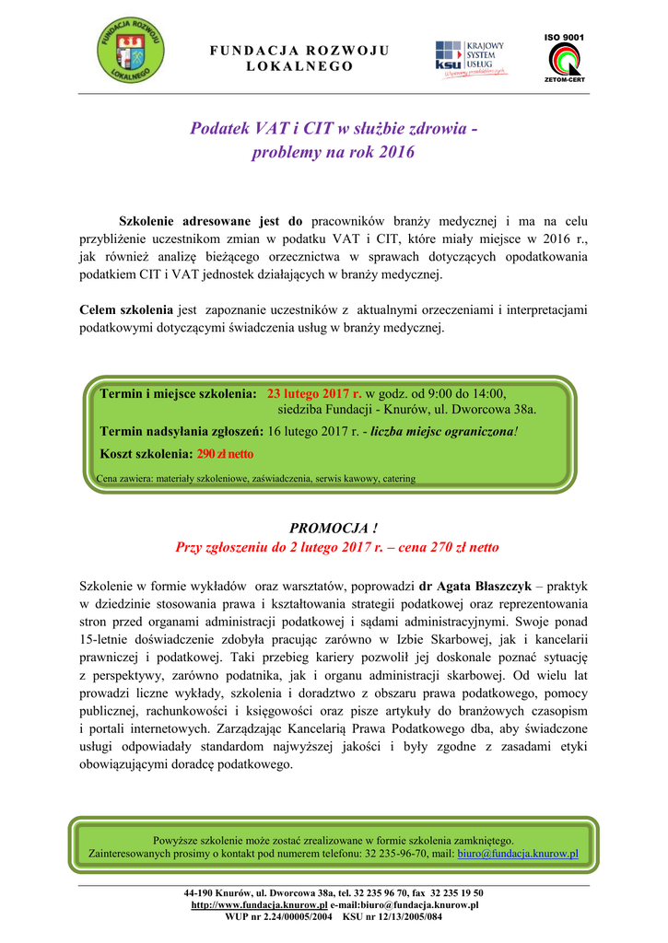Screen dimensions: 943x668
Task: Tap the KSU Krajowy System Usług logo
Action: pos(470,56)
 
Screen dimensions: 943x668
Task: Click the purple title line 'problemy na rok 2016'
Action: pos(333,153)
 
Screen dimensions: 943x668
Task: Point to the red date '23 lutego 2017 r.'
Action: pos(314,393)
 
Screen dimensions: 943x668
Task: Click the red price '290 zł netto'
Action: pos(226,454)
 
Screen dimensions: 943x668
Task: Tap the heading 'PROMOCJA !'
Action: pos(334,528)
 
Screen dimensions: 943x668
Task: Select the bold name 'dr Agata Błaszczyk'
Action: pos(475,586)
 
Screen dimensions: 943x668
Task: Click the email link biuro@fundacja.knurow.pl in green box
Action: pos(518,854)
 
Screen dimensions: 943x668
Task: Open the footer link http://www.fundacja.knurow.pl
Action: pos(259,905)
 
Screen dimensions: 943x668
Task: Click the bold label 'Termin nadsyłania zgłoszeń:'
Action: pos(181,430)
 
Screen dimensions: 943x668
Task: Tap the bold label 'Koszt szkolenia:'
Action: pos(146,454)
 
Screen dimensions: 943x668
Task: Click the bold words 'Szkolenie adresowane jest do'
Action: pos(211,221)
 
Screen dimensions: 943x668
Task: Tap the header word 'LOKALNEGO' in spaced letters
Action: pos(300,67)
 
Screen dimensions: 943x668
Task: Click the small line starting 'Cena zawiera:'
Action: pos(255,479)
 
